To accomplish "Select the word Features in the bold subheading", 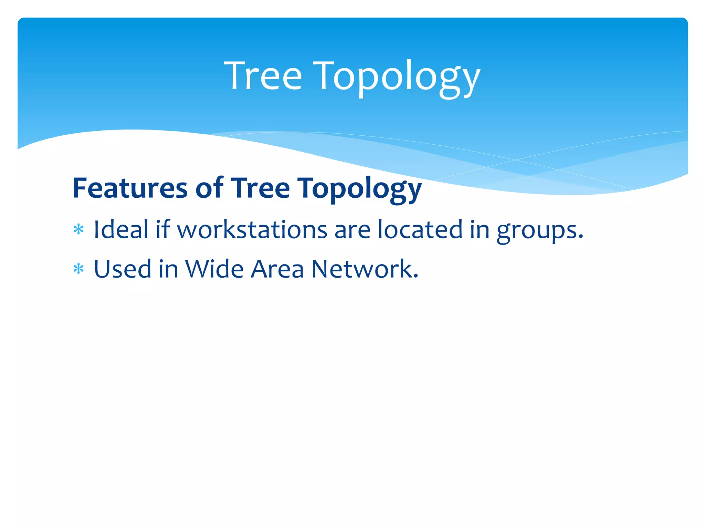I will tap(130, 188).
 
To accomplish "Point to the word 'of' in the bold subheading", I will tap(209, 188).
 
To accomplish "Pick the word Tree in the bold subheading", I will tap(260, 188).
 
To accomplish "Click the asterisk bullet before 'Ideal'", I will tap(78, 230).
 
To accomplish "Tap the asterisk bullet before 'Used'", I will tap(78, 269).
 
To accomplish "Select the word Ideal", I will tap(121, 229).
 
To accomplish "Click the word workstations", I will tap(252, 230).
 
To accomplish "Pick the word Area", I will tap(277, 269).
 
